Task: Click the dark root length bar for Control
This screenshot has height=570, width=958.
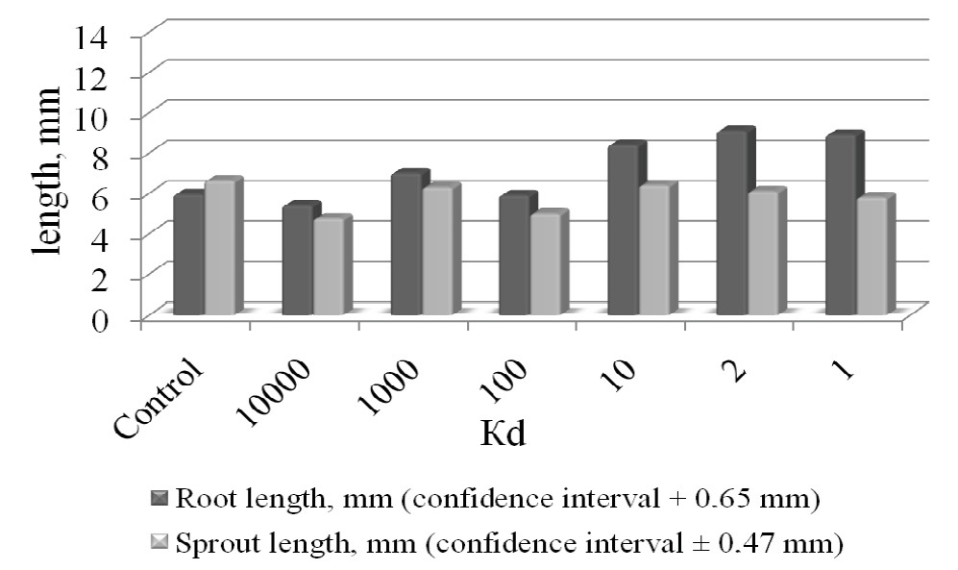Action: tap(188, 254)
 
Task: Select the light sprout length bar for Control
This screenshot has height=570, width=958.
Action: tap(220, 248)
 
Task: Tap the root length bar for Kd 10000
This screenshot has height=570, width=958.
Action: tap(298, 260)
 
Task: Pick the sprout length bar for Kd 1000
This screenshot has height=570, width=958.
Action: tap(437, 251)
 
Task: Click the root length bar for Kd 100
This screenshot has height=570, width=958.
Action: tap(515, 256)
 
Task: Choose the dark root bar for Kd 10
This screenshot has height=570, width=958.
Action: tap(624, 231)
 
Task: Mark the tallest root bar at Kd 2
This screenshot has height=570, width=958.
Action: tap(732, 224)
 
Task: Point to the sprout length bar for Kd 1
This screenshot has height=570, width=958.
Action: tap(872, 257)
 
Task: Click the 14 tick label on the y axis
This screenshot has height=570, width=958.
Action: tap(91, 37)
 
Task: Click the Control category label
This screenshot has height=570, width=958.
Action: tap(159, 398)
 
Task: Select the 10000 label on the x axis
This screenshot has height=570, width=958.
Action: tap(276, 391)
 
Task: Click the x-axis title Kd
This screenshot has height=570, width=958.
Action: tap(504, 434)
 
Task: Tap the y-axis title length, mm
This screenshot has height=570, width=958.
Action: tap(46, 170)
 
